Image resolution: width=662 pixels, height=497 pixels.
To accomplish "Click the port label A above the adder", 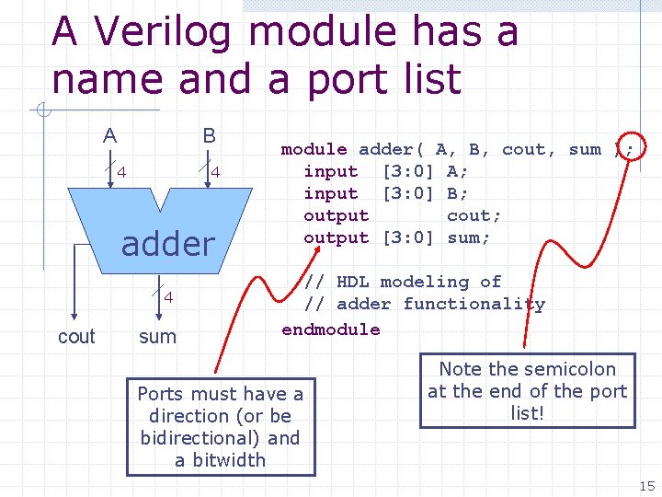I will (109, 136).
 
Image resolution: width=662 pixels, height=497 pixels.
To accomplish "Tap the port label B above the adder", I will (210, 136).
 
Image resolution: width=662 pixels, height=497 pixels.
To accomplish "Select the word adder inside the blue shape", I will (167, 244).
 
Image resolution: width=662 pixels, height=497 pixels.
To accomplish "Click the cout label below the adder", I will (76, 337).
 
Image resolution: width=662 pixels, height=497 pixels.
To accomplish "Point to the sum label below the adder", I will (157, 337).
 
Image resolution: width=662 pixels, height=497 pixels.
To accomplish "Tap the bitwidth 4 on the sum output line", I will (168, 296).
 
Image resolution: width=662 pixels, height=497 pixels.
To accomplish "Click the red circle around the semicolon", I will (628, 149).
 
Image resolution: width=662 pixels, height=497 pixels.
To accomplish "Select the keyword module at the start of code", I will (314, 149).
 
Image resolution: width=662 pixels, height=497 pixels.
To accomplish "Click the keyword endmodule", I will (330, 329).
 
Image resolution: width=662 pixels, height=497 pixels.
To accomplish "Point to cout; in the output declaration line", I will (474, 215).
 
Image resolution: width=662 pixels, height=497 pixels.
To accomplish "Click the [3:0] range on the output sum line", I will (407, 237).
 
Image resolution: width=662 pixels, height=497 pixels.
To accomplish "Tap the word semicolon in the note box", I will (571, 369).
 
